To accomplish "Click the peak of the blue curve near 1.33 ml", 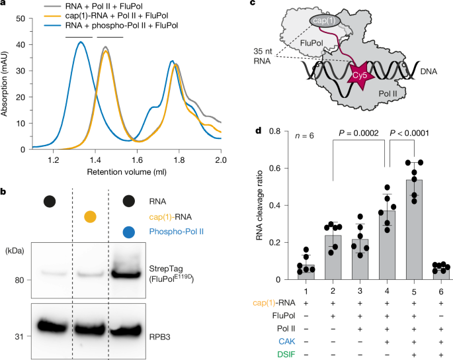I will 80,42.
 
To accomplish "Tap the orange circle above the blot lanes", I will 91,216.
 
